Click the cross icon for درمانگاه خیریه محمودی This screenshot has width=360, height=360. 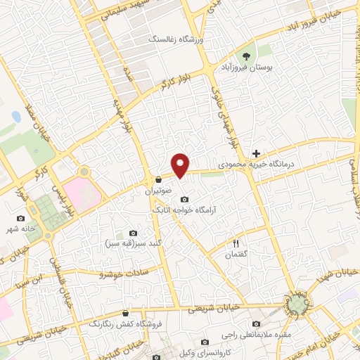256,153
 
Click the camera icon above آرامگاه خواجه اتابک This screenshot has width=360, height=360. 185,198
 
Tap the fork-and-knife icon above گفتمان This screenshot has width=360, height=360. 236,243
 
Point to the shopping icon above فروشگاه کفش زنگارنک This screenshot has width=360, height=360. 125,314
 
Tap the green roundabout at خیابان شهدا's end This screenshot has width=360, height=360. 298,304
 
